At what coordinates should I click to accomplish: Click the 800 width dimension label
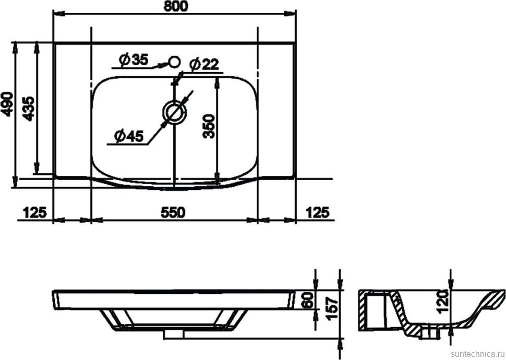tap(176, 6)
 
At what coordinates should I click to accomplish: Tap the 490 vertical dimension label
tap(7, 104)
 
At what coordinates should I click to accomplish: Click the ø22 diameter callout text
tap(204, 65)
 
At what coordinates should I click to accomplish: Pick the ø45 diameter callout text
tap(129, 137)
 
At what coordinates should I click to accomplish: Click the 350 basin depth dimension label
tap(209, 126)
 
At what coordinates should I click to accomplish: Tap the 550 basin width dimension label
tap(173, 212)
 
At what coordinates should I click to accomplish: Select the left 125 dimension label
tap(35, 212)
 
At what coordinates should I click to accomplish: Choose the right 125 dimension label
tap(317, 212)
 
